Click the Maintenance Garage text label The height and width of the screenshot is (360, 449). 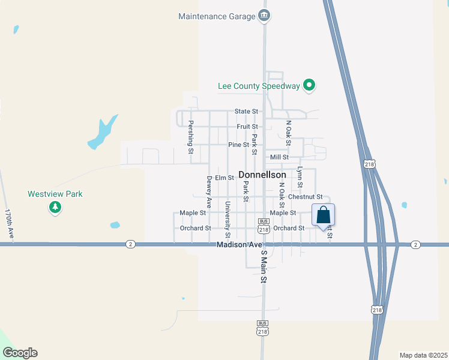(217, 16)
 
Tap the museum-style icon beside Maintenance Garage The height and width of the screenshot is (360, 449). (264, 16)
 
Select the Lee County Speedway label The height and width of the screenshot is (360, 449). (258, 86)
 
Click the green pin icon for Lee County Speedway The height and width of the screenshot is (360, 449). (309, 86)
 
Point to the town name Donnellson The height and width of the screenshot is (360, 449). (262, 175)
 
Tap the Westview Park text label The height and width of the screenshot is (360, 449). (55, 194)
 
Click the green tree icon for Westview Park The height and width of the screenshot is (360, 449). (55, 208)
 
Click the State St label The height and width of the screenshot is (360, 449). (246, 112)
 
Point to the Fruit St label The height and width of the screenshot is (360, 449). (247, 127)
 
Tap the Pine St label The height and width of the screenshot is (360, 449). (238, 145)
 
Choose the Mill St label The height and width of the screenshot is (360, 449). (280, 157)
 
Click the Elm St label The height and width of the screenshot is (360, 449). (224, 178)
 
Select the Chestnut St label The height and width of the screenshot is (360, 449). (306, 197)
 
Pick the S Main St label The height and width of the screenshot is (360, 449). (263, 267)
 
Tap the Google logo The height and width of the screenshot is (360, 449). (20, 353)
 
